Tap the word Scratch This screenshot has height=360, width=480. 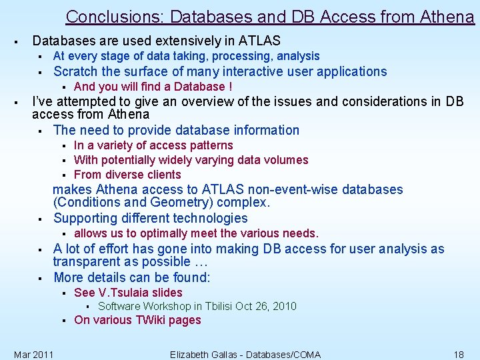75,71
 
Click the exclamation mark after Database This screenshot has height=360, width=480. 230,87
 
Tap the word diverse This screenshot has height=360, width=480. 128,175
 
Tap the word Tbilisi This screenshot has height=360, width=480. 213,307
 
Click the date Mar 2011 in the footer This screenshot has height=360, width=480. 34,354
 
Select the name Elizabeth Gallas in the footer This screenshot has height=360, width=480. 208,354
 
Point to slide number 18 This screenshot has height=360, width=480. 458,354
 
